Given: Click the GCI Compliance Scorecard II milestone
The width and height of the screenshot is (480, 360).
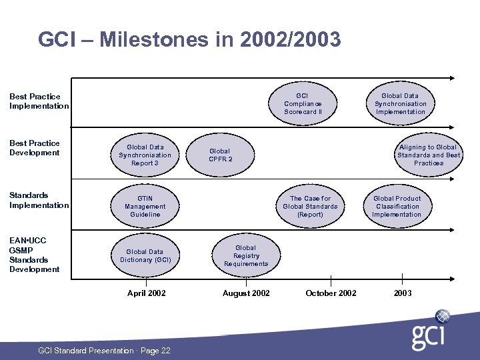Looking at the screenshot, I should (x=303, y=104).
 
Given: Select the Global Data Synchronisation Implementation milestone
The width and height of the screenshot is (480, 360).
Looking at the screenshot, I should (x=400, y=104).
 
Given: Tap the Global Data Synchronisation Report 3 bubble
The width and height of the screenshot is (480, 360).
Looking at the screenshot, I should (x=145, y=155).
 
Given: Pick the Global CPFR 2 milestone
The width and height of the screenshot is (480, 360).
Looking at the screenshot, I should (x=220, y=155).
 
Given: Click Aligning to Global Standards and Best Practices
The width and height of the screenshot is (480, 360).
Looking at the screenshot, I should (x=428, y=155).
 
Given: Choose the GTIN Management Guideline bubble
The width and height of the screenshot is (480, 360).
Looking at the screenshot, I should (x=145, y=207).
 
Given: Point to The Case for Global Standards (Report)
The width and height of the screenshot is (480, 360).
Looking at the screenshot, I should (x=310, y=207).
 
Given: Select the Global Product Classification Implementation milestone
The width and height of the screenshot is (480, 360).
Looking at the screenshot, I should (x=397, y=207).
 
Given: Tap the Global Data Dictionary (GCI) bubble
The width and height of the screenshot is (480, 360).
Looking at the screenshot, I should (x=145, y=256).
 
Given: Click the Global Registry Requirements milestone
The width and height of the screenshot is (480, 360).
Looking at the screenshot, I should (x=245, y=256).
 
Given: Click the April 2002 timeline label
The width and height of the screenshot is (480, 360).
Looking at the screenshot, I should (x=147, y=293).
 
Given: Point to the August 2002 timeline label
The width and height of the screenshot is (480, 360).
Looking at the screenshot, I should (x=246, y=293).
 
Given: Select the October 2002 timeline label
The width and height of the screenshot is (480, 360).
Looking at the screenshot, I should (x=331, y=293).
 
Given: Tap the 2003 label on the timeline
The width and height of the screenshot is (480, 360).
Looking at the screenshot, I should (x=403, y=293).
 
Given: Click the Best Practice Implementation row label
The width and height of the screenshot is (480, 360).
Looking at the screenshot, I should (x=39, y=101).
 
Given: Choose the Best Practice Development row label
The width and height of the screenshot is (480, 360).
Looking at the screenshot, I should (x=35, y=148).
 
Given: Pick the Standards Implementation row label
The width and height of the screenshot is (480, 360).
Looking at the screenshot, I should (x=39, y=200).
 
